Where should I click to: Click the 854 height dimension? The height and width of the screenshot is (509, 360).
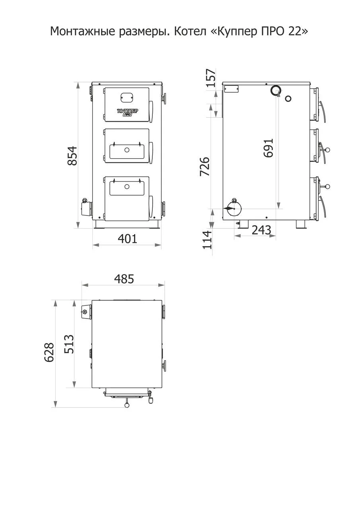point(72,155)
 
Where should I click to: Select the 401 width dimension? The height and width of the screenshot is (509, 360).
point(128,239)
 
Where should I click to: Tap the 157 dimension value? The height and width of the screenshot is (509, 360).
point(210,78)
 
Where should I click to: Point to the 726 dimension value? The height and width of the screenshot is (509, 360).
point(204,166)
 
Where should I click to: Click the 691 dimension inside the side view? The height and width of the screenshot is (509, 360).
point(268,148)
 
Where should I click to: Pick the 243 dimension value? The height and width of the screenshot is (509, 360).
point(261,230)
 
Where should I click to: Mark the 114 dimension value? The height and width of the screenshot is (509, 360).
point(207,240)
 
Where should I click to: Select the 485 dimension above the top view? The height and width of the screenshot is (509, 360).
point(124,279)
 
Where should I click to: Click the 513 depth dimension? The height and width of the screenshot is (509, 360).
point(69,344)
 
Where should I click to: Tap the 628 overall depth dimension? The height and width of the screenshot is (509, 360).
point(49,352)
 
